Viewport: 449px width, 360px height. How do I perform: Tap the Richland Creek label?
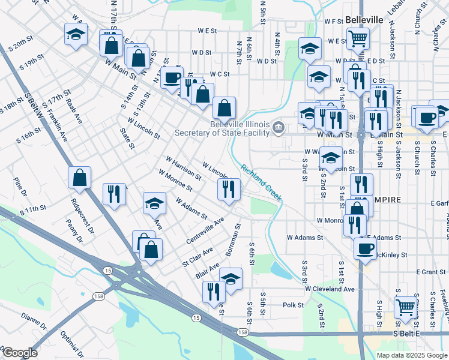point(261,182)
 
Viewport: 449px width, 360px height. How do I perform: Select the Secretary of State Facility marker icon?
point(279,127)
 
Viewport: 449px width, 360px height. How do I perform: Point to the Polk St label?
point(294,305)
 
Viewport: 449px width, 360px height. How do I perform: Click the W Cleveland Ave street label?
point(330,289)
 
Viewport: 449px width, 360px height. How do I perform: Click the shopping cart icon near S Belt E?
point(406,307)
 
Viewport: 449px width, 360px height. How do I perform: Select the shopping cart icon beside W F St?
point(358,38)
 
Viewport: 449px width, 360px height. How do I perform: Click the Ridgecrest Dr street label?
point(82,215)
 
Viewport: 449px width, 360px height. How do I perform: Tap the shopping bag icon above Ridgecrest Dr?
point(79,178)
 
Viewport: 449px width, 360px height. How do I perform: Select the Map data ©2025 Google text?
point(412,355)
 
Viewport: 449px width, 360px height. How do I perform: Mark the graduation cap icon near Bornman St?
point(231,278)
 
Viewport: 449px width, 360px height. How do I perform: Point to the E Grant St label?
point(430,272)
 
